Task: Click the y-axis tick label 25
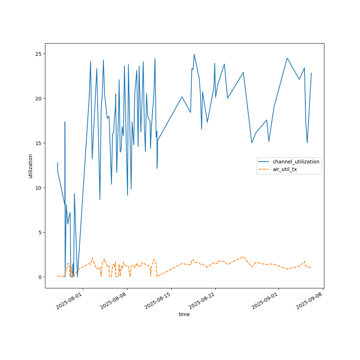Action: pos(38,54)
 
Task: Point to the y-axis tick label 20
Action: pos(38,99)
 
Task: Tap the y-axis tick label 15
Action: pos(38,143)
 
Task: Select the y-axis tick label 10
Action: pos(38,188)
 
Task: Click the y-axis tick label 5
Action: pos(40,233)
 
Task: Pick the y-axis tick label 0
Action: pos(40,277)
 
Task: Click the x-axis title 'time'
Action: pos(184,314)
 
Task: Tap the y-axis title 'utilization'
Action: pos(31,166)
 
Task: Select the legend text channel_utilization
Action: pos(296,162)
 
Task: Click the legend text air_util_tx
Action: pos(285,169)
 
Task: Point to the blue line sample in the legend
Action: pos(265,162)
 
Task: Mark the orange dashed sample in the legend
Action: pos(265,169)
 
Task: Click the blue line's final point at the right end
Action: pos(311,73)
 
